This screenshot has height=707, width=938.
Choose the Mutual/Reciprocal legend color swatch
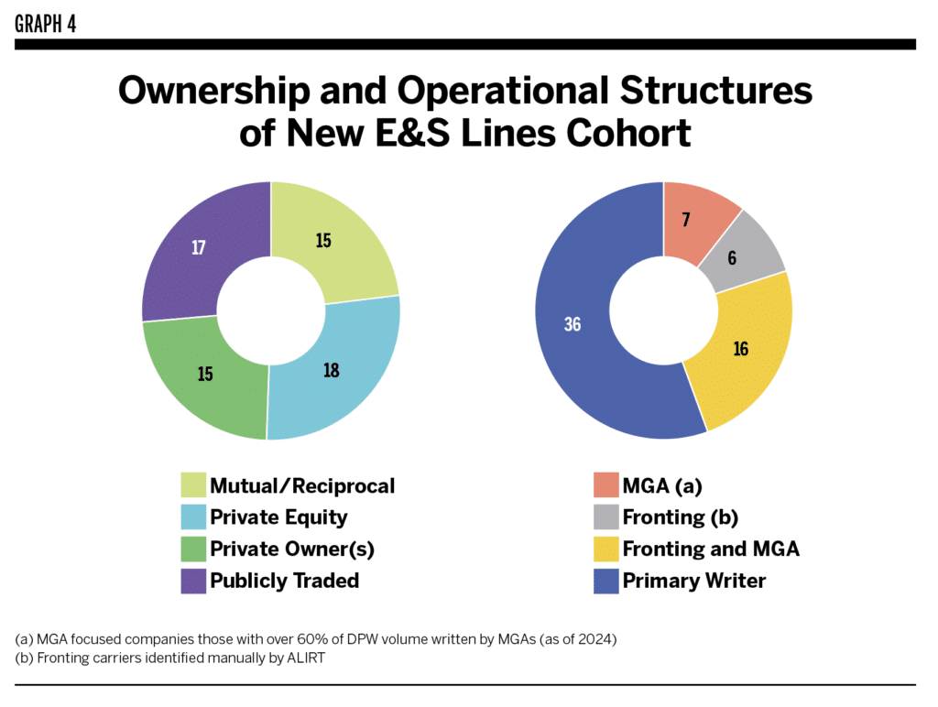[x=193, y=485]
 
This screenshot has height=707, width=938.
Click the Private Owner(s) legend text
[x=292, y=549]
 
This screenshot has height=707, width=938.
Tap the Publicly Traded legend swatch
[x=193, y=581]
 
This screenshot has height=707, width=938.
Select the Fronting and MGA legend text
[x=711, y=549]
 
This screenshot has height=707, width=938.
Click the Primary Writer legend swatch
[x=605, y=581]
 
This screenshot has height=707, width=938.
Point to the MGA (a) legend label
[x=667, y=485]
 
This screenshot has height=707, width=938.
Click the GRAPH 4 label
[x=45, y=23]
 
